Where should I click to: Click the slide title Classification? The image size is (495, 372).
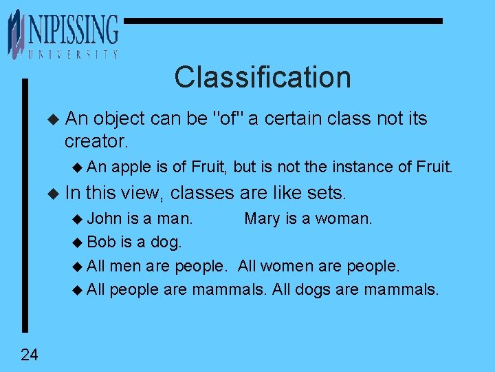[x=262, y=76]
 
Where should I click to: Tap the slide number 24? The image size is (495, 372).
[x=30, y=355]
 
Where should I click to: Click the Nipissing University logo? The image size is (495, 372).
[x=63, y=34]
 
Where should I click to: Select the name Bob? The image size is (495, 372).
[x=101, y=242]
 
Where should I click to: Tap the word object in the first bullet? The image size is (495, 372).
[x=120, y=118]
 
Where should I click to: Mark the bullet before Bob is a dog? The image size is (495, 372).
[x=76, y=242]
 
